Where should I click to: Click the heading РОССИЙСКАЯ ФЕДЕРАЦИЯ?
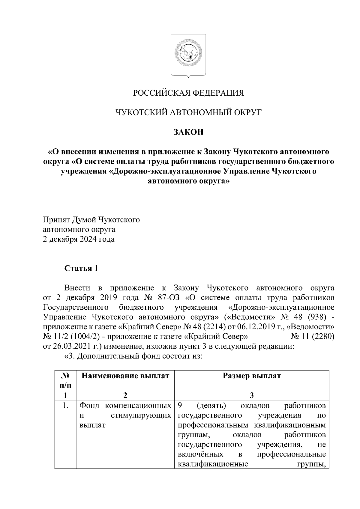click(189, 93)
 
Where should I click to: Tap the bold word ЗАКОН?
click(189, 132)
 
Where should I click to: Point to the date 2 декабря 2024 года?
click(79, 240)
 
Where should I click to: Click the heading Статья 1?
click(81, 268)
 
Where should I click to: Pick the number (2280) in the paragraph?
click(323, 337)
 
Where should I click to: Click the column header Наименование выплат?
click(125, 376)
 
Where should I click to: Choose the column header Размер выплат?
click(252, 376)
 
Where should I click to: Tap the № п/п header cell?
click(65, 380)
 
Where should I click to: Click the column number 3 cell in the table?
click(252, 396)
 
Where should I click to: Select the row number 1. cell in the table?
click(65, 406)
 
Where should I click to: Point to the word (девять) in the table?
click(211, 406)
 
